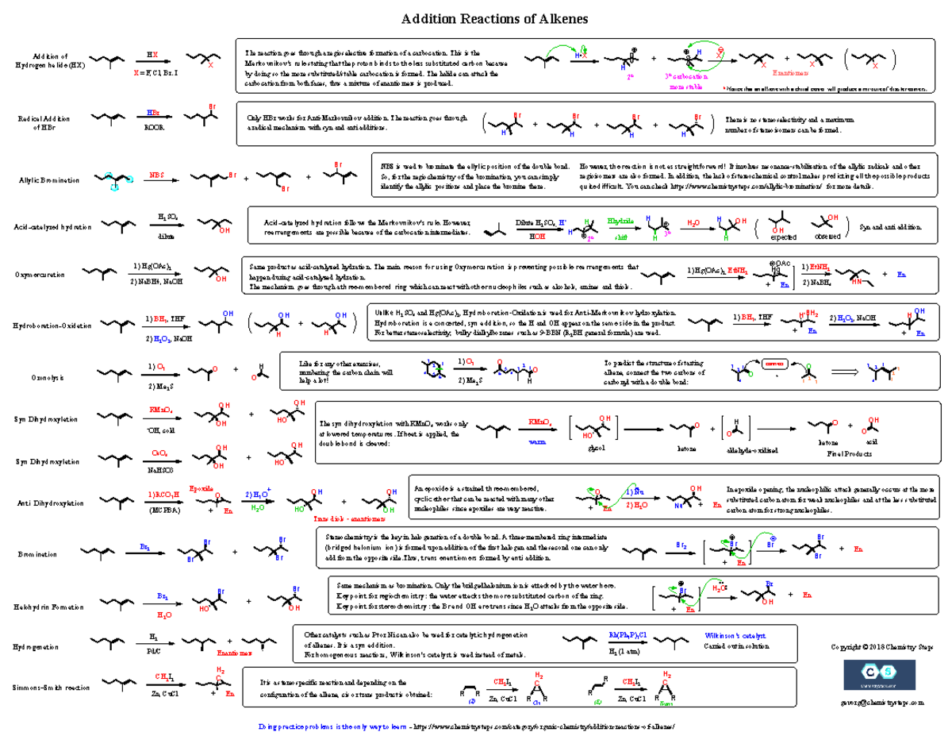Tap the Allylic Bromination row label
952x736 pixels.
coord(49,180)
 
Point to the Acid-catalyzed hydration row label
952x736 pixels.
coord(52,227)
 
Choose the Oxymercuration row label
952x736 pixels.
coord(38,275)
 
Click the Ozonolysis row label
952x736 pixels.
coord(44,378)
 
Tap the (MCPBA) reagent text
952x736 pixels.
coord(164,510)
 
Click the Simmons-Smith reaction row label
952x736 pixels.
coord(49,688)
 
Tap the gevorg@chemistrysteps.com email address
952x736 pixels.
coord(873,703)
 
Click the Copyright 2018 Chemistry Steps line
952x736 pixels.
coord(872,648)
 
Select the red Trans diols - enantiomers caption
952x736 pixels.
coord(350,518)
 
